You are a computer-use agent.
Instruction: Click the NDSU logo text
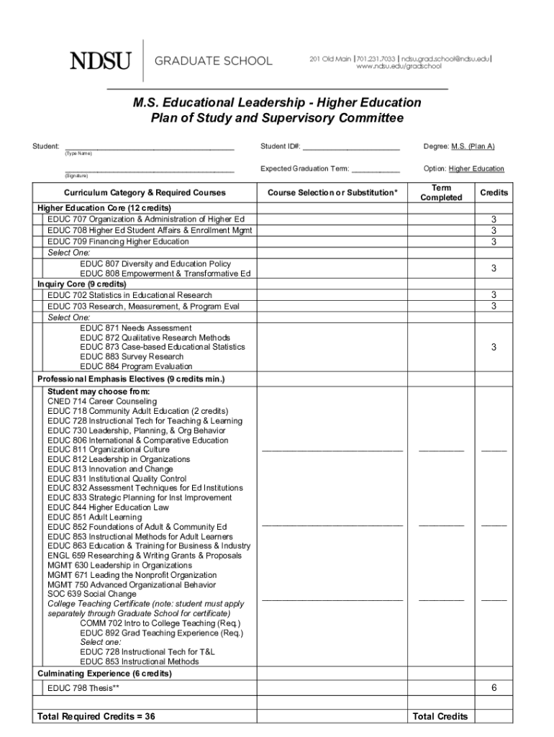100,61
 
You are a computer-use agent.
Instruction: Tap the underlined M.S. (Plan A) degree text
473,146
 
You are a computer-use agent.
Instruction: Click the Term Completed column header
441,192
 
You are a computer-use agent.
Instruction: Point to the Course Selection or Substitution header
332,193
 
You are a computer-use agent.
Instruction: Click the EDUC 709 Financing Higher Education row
118,242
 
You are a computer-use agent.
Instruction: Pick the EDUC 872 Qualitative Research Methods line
155,338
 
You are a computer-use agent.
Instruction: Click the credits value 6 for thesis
494,688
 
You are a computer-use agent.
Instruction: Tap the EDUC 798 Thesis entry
83,689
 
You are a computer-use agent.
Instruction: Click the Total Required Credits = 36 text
96,716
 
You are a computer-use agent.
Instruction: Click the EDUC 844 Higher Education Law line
108,507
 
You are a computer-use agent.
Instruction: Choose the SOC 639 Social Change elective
91,594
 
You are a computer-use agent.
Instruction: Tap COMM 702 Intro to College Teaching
160,623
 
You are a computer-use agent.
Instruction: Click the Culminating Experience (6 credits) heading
104,674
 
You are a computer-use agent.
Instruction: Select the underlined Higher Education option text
476,169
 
